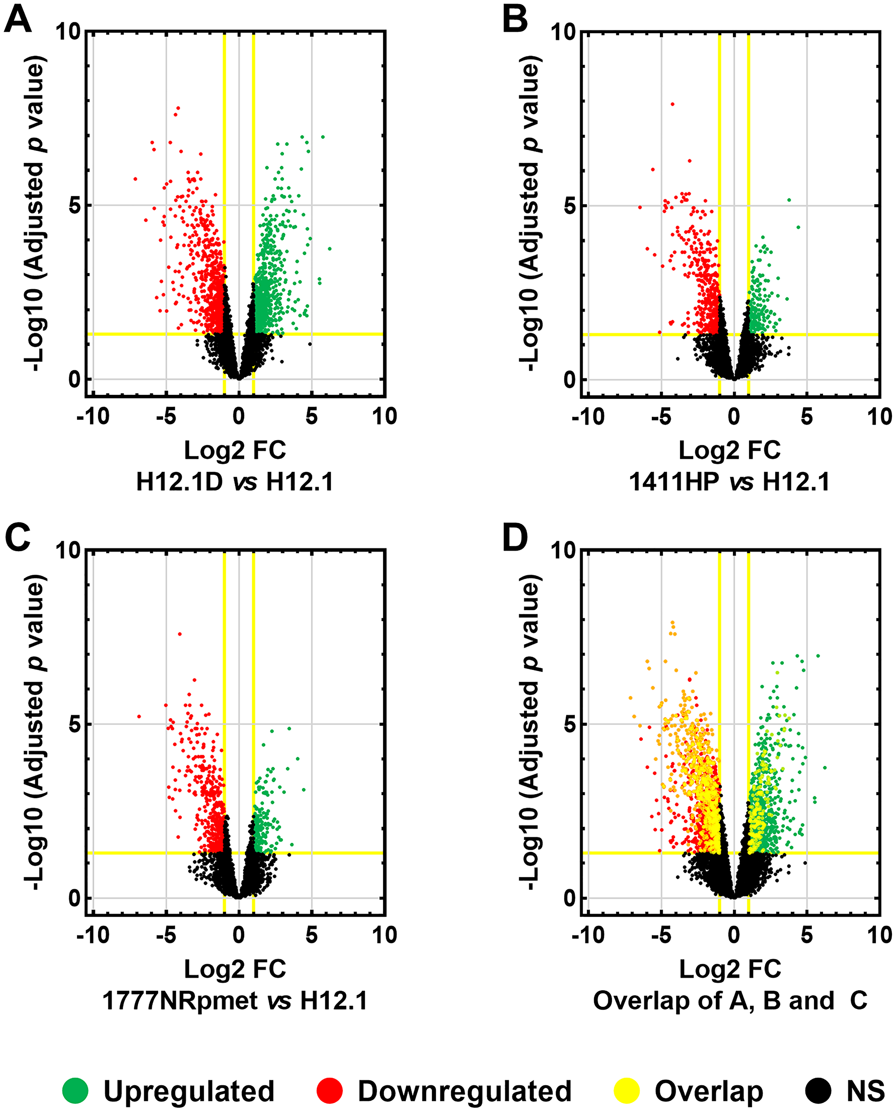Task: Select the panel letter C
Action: (x=17, y=538)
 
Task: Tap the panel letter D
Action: (x=515, y=538)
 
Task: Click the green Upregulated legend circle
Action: (x=75, y=1091)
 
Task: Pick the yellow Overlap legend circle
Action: (x=627, y=1091)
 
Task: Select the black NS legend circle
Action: (x=818, y=1091)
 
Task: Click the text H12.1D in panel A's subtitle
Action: (x=180, y=482)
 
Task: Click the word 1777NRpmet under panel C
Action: (x=180, y=1001)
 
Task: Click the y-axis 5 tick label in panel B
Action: (x=569, y=206)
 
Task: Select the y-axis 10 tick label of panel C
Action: (x=69, y=551)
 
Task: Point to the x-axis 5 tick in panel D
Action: (x=807, y=934)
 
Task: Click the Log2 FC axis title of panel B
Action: (x=729, y=450)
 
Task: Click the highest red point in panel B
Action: (x=672, y=104)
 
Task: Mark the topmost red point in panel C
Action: (x=180, y=634)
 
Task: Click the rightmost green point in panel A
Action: (x=329, y=248)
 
